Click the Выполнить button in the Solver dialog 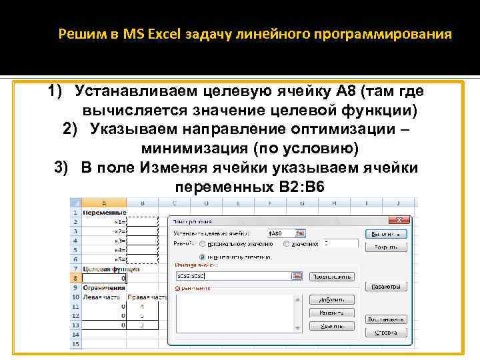(386, 234)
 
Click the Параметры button (386, 287)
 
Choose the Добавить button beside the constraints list (336, 301)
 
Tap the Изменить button (336, 313)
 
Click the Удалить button (336, 326)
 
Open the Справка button (386, 331)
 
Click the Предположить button (336, 275)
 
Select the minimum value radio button (203, 255)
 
